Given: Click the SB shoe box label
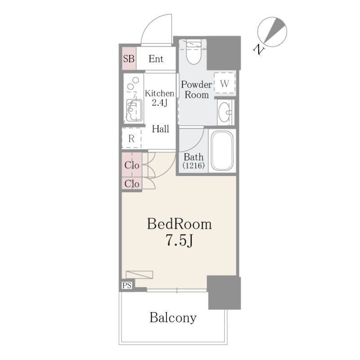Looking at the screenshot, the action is click(x=129, y=59).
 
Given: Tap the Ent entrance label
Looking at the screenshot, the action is click(x=156, y=59).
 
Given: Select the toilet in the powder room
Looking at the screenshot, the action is click(x=194, y=52).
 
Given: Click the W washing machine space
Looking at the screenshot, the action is click(x=225, y=83).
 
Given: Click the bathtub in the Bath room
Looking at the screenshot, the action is click(x=222, y=151).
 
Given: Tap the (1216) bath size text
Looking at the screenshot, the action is click(x=193, y=165).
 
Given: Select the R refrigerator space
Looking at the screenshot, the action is click(x=131, y=138).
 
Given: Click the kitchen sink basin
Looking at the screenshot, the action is click(x=134, y=110).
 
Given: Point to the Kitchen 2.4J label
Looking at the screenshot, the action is click(x=160, y=98).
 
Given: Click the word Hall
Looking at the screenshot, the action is click(x=161, y=129).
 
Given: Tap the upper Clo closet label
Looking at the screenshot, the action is click(x=132, y=165).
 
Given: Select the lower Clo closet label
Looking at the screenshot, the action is click(x=132, y=184).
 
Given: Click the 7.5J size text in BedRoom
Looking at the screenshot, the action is click(x=179, y=241).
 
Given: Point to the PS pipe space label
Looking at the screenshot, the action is click(x=127, y=285).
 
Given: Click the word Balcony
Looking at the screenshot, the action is click(x=173, y=318).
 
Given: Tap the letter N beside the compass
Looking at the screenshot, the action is click(x=259, y=49).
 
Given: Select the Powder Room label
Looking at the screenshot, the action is click(x=197, y=90).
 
